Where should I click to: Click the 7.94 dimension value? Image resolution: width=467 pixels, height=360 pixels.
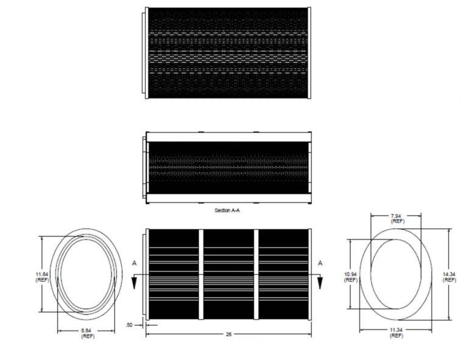point(396,216)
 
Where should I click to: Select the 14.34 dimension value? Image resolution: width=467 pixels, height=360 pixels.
point(449,274)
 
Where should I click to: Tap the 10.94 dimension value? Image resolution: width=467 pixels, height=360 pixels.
point(350,274)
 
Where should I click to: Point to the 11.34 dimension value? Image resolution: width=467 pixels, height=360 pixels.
point(396,330)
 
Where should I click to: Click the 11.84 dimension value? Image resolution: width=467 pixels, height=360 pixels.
point(42,274)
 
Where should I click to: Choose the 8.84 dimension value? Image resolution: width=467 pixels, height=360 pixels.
point(86,331)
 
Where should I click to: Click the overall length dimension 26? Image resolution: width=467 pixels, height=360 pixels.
point(229,334)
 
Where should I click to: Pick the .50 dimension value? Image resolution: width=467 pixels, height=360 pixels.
point(129,325)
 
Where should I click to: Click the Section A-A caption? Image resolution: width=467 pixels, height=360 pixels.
point(227,210)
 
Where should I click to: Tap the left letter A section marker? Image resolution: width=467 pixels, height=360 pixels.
point(134,263)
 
